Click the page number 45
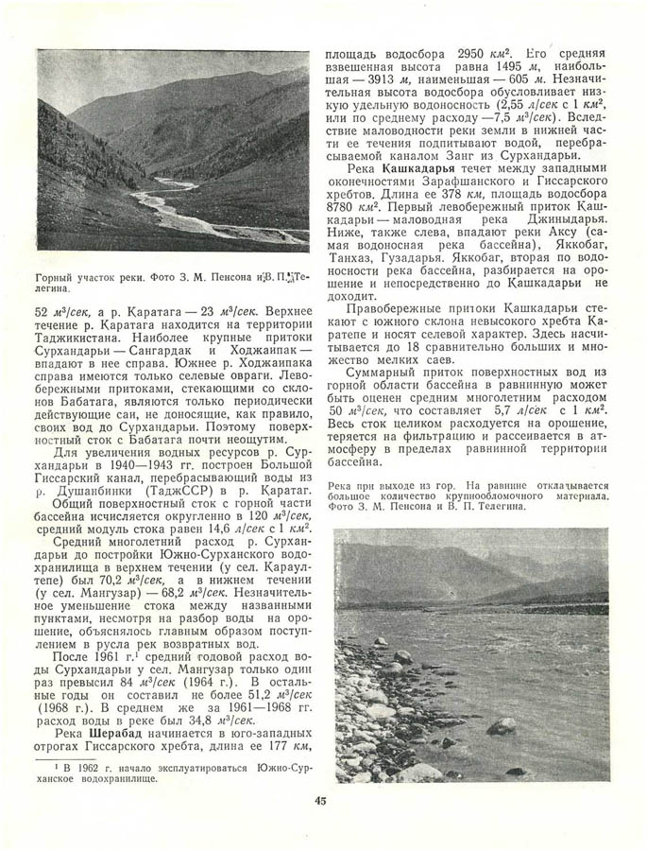pyautogui.click(x=321, y=802)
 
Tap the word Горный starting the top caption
pyautogui.click(x=58, y=279)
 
